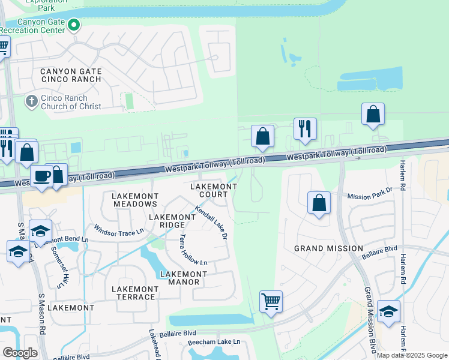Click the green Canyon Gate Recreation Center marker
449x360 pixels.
click(74, 25)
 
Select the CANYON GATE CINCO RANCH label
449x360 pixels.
click(71, 76)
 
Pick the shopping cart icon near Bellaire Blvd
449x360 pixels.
click(271, 301)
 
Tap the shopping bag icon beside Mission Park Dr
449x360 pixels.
click(319, 203)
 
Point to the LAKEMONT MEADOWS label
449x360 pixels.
click(135, 200)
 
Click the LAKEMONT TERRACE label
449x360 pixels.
click(135, 293)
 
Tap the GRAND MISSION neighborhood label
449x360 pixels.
click(328, 248)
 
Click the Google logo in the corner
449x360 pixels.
click(20, 352)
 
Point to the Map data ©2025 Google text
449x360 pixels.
click(412, 355)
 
